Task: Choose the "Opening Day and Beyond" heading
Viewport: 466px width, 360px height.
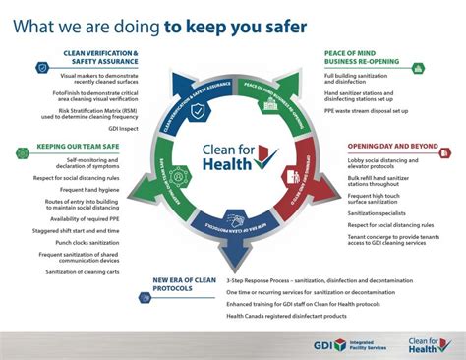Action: pos(392,145)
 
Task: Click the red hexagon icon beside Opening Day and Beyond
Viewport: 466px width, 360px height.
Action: pos(334,151)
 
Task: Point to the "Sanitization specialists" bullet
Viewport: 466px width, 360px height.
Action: pos(378,212)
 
